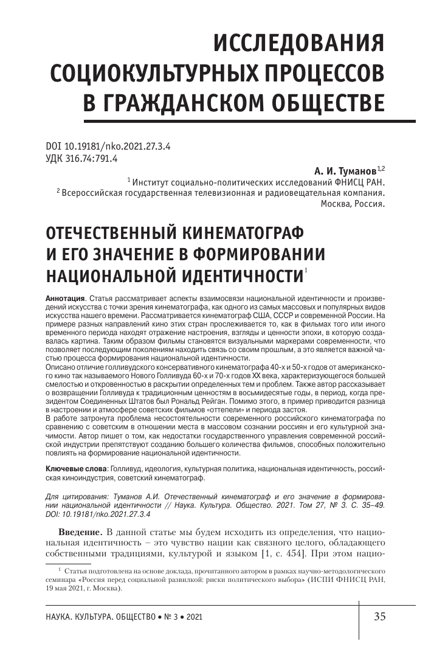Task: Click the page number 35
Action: (379, 617)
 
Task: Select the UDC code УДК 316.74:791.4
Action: (81, 158)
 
